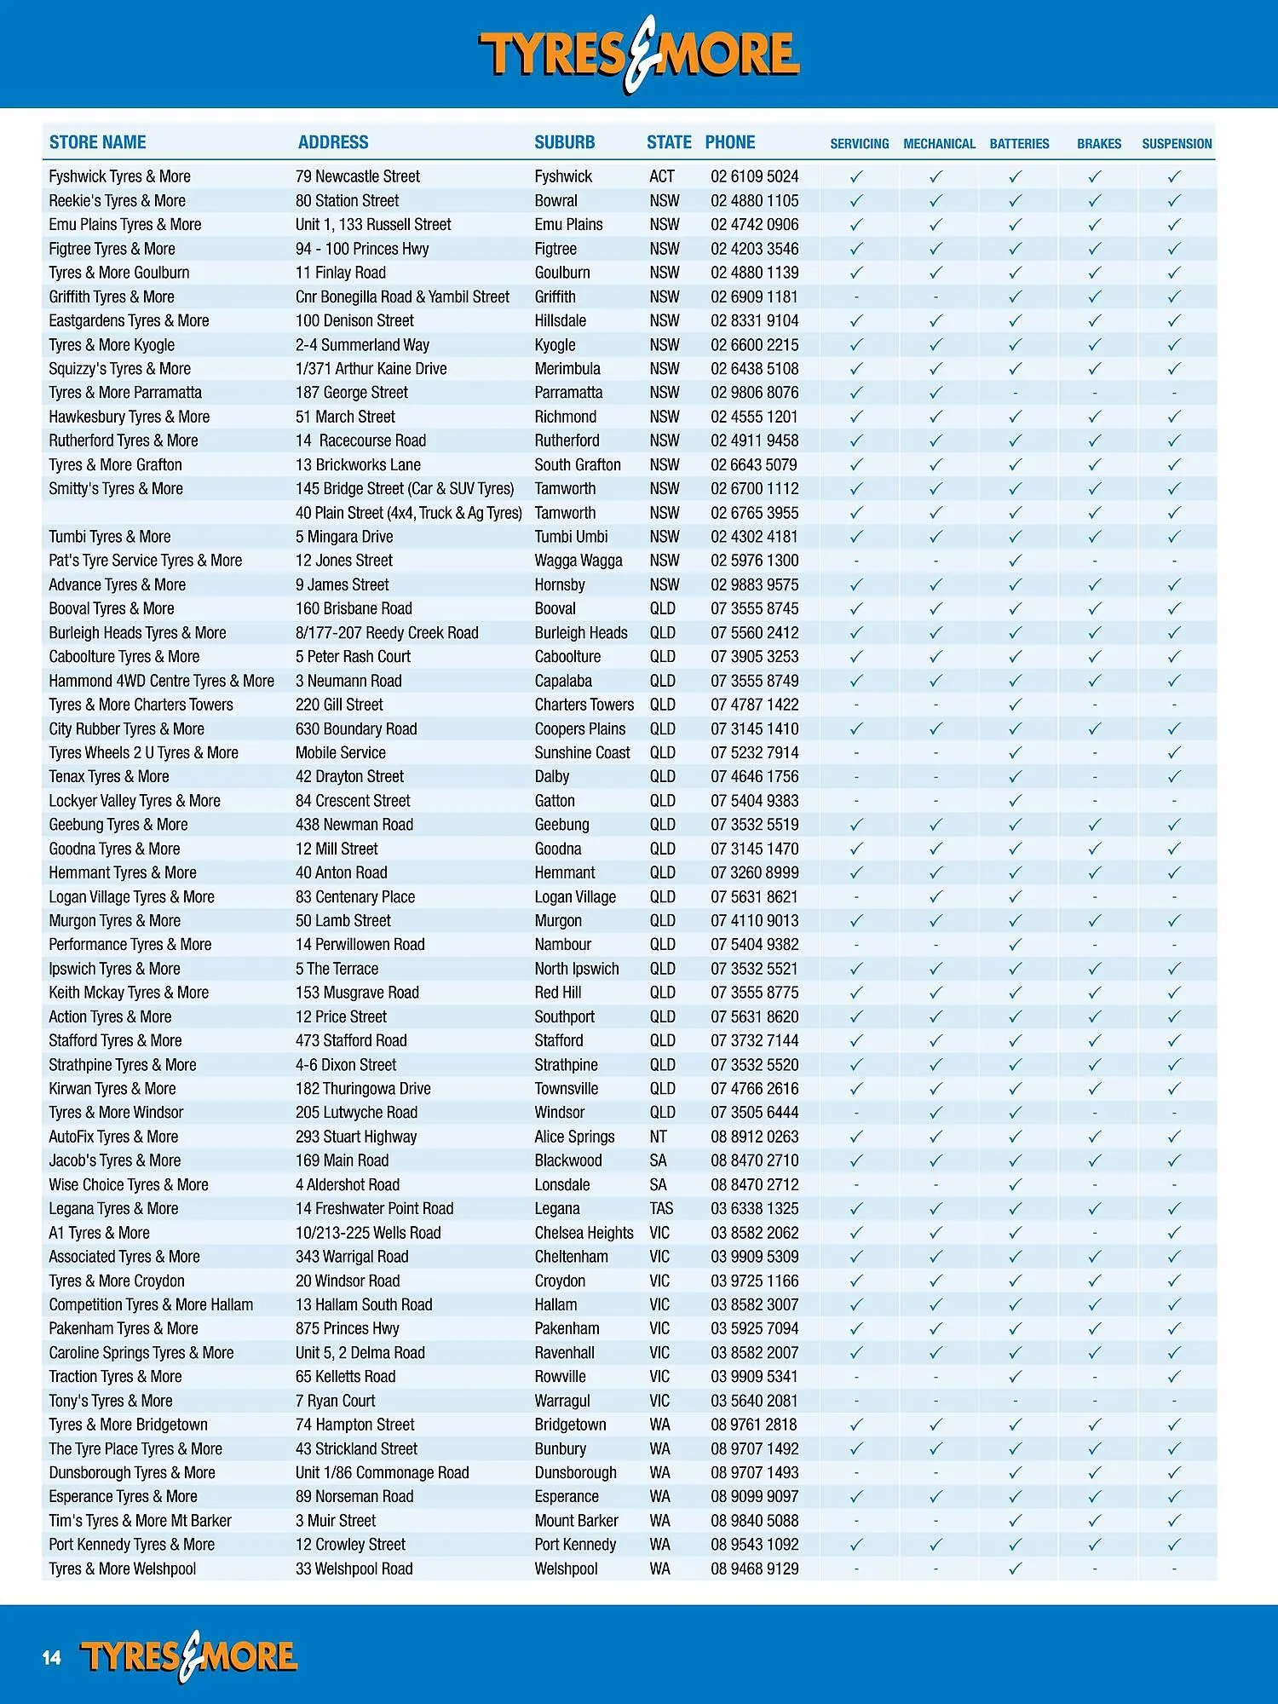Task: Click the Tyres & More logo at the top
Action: coord(639,54)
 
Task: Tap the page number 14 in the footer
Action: coord(52,1657)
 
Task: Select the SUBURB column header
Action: coord(564,142)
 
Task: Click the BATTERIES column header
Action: coord(1019,143)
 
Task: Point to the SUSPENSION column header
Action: coord(1177,143)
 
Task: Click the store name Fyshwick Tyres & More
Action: coord(119,176)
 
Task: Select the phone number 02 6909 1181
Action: coord(754,296)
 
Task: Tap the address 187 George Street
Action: coord(351,393)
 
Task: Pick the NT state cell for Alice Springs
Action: coord(658,1137)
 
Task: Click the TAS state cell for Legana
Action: coord(661,1208)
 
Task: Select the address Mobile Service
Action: coord(340,752)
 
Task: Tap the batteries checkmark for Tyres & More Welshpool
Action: coord(1015,1569)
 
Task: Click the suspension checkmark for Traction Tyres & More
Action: coord(1174,1376)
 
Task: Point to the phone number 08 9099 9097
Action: coord(754,1496)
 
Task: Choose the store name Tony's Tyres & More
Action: coord(110,1401)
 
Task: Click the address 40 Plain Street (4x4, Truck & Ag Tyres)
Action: coord(408,513)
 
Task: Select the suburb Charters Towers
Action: coord(584,705)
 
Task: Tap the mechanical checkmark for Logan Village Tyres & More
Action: coord(935,896)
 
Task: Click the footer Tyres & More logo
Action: coord(188,1657)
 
